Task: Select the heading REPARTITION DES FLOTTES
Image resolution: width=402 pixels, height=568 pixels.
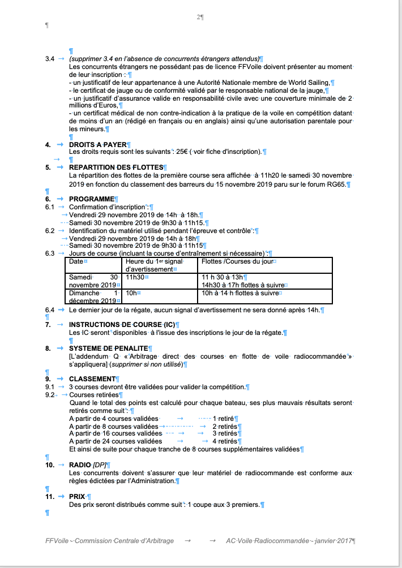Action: coord(116,167)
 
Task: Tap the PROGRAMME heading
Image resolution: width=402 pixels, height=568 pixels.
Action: coord(91,199)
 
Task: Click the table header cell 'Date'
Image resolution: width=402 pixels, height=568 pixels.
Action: coord(76,262)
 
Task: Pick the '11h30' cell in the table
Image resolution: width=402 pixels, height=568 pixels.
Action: coord(135,278)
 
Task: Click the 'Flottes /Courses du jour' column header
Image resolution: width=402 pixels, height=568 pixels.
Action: coord(237,262)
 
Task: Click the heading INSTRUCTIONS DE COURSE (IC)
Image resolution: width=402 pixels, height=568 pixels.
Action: coord(122,325)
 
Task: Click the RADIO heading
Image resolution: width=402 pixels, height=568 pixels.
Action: coord(80,464)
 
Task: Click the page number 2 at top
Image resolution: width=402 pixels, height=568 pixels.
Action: coord(199,18)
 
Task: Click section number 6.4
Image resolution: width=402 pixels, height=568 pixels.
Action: coord(50,310)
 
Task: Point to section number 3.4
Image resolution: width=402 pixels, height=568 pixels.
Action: coord(50,59)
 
